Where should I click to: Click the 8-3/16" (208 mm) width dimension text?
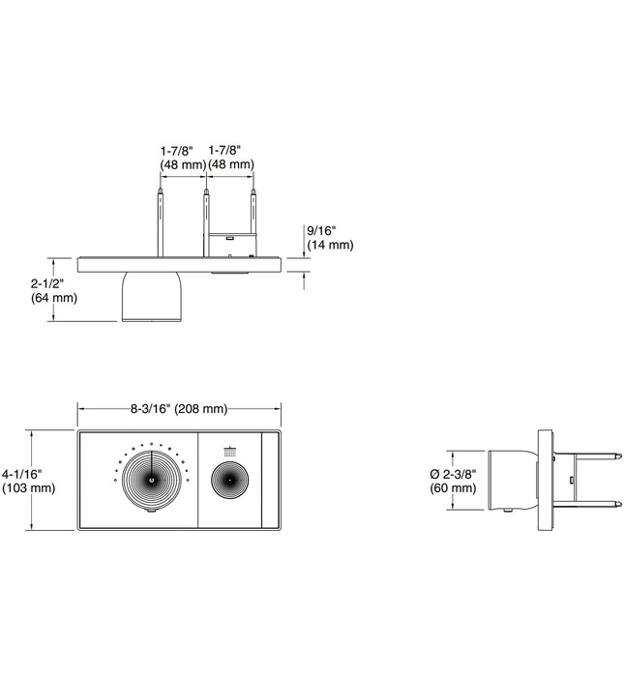tap(179, 408)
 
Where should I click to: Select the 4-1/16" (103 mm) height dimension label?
tap(28, 481)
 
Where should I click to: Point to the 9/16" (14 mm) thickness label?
tap(330, 238)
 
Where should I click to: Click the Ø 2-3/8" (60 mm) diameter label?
tap(453, 481)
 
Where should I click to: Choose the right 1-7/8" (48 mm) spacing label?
tap(231, 158)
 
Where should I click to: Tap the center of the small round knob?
tap(230, 481)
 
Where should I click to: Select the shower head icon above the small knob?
tap(230, 451)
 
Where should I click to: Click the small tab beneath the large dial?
tap(151, 516)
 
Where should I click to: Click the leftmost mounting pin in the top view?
tap(159, 222)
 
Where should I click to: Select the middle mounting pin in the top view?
tap(205, 222)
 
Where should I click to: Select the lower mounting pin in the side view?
tap(585, 503)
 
